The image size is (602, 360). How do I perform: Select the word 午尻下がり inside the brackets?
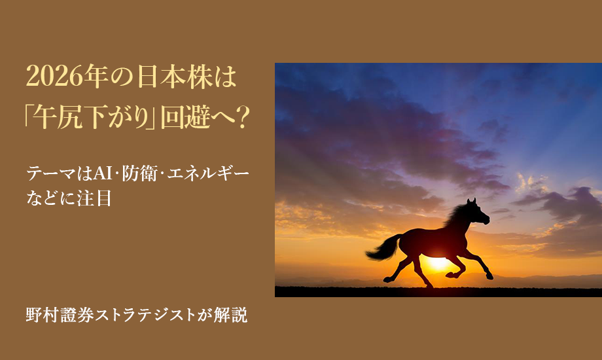point(91,118)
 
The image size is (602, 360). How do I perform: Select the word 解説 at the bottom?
point(233,315)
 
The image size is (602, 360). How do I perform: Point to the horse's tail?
point(383,248)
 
